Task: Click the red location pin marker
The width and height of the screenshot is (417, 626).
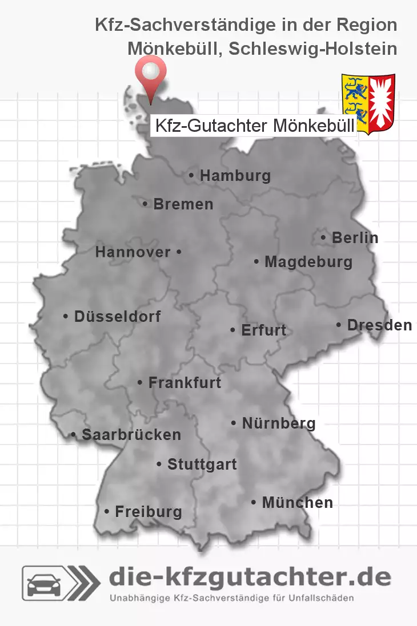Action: tap(150, 74)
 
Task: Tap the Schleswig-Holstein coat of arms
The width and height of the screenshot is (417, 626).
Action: tap(368, 103)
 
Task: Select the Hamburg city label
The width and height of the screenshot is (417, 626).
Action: tap(235, 176)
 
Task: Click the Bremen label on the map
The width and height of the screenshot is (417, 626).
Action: tap(183, 204)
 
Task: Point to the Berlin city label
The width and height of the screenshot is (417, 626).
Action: tap(355, 237)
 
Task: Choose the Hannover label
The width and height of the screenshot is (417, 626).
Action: tap(133, 252)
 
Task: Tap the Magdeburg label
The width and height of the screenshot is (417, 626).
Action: tap(308, 262)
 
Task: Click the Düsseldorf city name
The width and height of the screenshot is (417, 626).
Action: tap(117, 316)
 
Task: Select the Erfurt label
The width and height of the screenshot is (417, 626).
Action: tap(263, 330)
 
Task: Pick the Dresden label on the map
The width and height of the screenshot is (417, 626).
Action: tap(379, 325)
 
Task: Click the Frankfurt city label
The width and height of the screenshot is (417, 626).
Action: tap(184, 382)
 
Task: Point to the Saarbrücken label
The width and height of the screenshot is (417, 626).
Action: tap(131, 435)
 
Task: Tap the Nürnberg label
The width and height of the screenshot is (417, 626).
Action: tap(278, 423)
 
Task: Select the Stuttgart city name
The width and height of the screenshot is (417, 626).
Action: tap(202, 465)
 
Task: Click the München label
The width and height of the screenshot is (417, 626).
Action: tap(297, 503)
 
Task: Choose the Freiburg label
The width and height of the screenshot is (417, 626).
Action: tap(148, 512)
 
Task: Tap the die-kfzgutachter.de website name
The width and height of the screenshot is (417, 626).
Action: tap(250, 577)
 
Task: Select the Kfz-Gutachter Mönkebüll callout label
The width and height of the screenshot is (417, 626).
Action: tap(254, 126)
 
